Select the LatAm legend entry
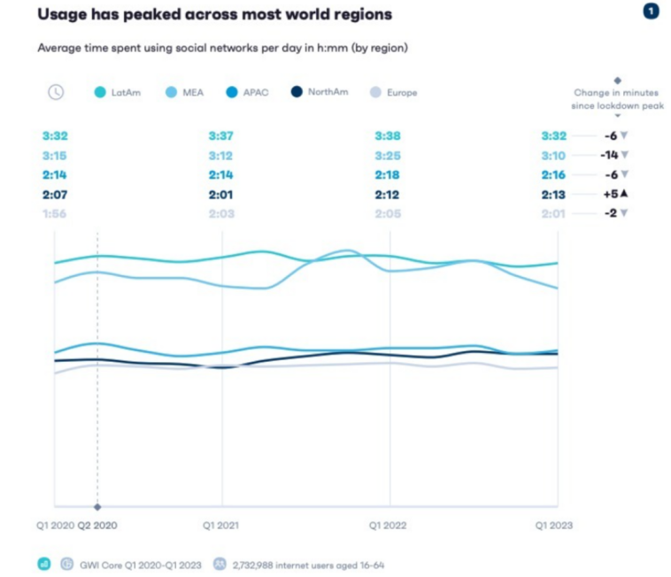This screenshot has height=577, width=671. click(x=121, y=92)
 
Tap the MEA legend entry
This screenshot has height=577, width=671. click(x=190, y=92)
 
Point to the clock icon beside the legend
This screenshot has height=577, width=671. click(x=56, y=92)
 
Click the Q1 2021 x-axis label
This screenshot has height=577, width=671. click(x=220, y=525)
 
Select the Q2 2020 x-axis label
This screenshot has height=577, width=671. click(x=97, y=525)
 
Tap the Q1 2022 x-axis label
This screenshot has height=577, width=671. click(x=388, y=525)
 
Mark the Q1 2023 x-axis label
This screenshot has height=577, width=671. click(x=554, y=525)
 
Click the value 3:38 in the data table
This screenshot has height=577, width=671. click(x=388, y=136)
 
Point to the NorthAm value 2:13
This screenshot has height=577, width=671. click(x=554, y=194)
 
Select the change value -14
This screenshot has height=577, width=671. click(x=612, y=155)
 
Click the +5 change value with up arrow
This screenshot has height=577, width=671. click(x=613, y=194)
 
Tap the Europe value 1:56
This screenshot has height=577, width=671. click(x=54, y=213)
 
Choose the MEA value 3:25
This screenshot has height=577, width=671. click(x=388, y=156)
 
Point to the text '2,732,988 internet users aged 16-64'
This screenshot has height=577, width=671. click(x=307, y=564)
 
